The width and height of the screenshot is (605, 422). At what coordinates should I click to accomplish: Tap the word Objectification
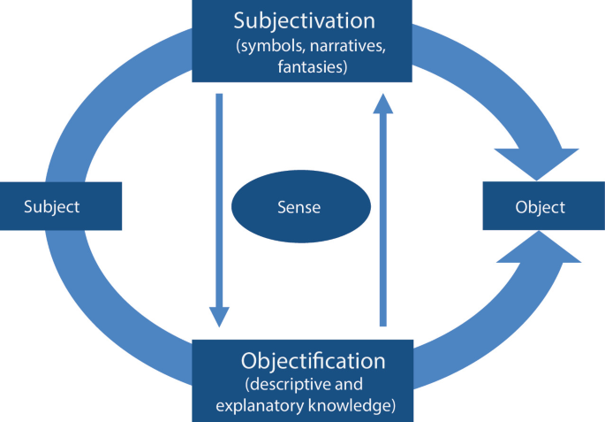[x=313, y=361]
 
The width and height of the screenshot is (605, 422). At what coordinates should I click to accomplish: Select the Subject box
[x=60, y=207]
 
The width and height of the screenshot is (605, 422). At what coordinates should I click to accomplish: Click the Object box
[x=540, y=207]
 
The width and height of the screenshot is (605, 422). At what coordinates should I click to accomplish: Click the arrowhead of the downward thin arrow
[x=219, y=317]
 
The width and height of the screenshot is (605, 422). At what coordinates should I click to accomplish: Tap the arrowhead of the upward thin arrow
[x=382, y=104]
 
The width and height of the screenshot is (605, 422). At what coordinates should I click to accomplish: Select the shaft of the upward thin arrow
[x=382, y=221]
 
